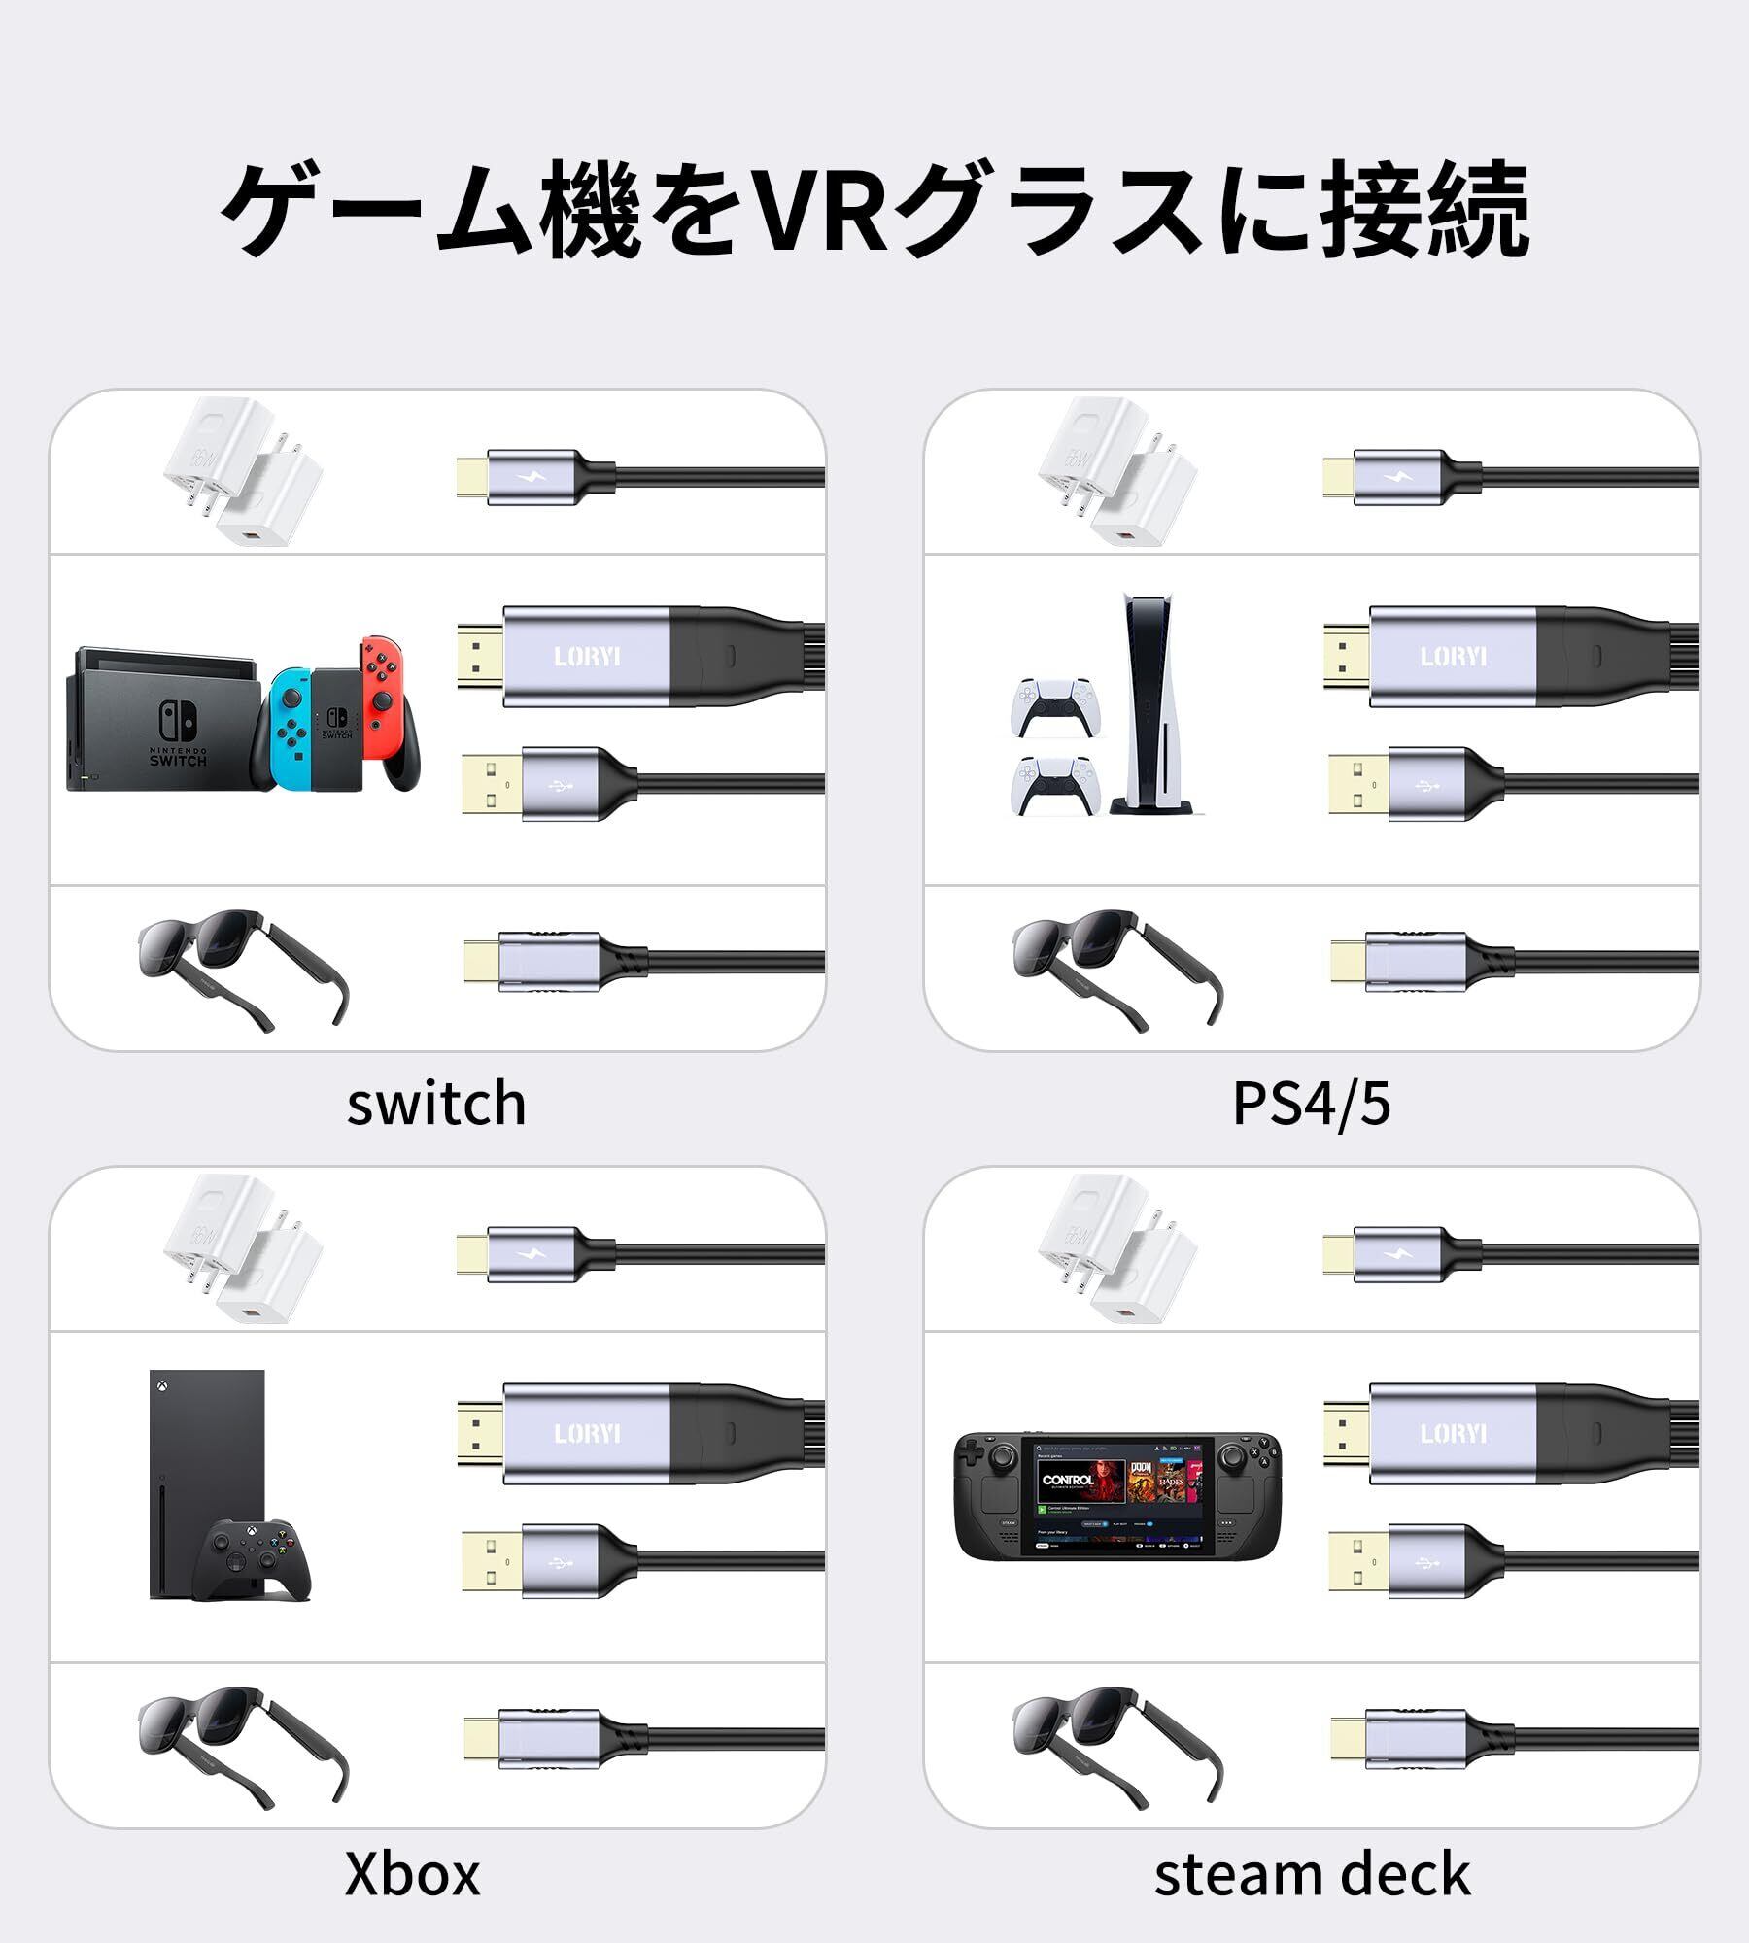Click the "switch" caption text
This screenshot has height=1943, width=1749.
(436, 1105)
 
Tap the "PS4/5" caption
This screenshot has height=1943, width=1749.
(1311, 1105)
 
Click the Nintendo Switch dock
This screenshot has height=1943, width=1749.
(160, 719)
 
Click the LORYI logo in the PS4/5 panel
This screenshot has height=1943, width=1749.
(1453, 657)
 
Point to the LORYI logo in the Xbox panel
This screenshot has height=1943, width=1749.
(587, 1434)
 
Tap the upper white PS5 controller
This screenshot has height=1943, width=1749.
(1054, 707)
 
